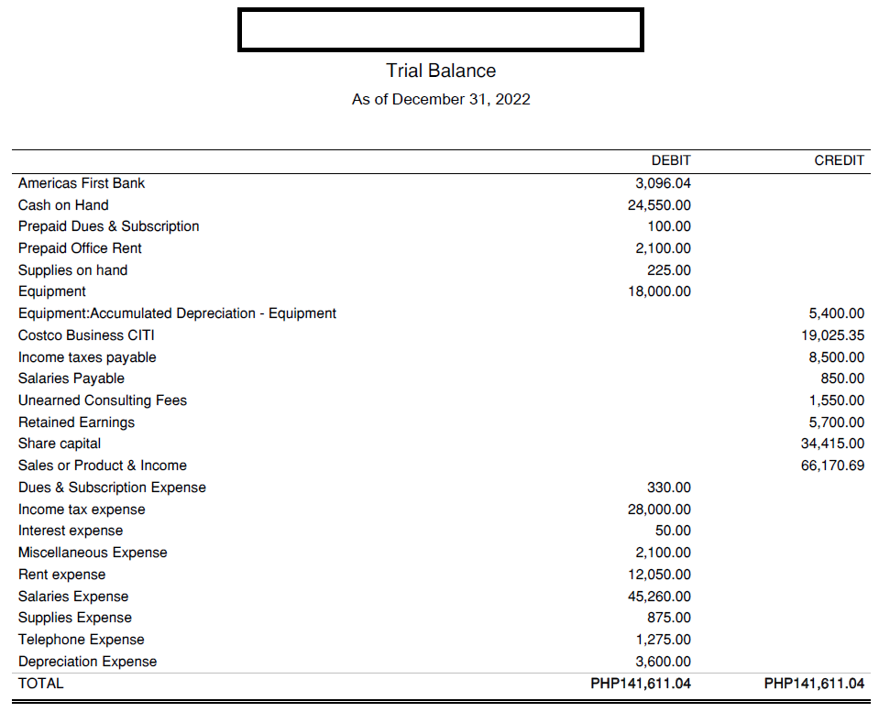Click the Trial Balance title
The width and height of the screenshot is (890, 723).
coord(441,71)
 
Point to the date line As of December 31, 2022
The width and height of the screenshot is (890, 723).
coord(441,99)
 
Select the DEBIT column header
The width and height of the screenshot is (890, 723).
coord(671,160)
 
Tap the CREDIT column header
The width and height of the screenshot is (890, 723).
coord(839,160)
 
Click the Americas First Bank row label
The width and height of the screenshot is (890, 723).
coord(82,183)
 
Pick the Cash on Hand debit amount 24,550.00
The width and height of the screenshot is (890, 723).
coord(659,205)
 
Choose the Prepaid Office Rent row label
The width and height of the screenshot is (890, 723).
coord(80,248)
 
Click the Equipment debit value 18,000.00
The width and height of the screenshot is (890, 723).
coord(659,291)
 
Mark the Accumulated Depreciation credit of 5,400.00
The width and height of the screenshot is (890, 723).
coord(838,313)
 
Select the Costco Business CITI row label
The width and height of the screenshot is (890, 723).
coord(86,335)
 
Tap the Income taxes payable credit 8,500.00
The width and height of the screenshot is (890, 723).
coord(838,357)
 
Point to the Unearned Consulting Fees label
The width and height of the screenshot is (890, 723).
coord(103,400)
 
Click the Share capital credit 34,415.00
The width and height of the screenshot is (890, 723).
coord(832,444)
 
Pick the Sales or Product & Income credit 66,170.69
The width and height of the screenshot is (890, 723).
coord(832,466)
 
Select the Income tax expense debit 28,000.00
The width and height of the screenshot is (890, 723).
coord(659,509)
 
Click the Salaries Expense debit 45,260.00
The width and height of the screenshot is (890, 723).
coord(659,597)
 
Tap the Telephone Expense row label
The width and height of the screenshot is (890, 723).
coord(82,640)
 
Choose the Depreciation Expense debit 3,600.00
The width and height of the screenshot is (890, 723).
coord(663,662)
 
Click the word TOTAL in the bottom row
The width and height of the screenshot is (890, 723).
coord(41,684)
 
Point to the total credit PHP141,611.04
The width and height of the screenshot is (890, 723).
coord(814,684)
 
